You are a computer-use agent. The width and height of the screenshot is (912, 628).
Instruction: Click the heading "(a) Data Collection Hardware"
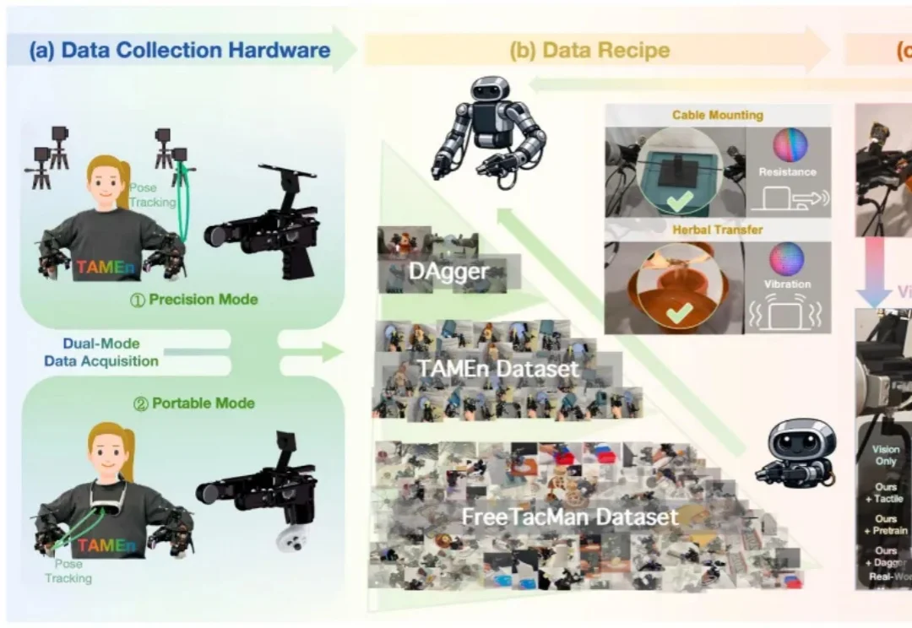179,50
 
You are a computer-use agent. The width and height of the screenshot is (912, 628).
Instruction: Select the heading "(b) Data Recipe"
589,50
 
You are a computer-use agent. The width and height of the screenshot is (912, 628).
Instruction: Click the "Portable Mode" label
194,403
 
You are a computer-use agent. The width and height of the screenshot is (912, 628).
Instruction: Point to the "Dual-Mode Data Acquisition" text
102,353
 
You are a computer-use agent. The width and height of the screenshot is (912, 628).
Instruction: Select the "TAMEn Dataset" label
498,369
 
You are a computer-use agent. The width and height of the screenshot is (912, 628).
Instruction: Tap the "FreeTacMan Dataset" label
570,517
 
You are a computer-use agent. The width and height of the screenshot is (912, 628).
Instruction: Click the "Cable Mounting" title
717,115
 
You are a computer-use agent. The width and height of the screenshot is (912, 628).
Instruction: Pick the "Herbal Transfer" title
717,230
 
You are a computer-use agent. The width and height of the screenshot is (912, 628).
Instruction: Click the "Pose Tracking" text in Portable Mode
68,571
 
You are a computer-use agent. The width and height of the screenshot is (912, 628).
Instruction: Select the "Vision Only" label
886,456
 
